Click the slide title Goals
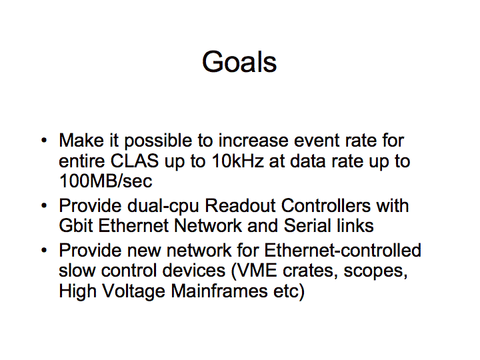pyautogui.click(x=239, y=62)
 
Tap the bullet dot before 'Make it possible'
pyautogui.click(x=45, y=141)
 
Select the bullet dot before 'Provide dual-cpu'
pyautogui.click(x=45, y=205)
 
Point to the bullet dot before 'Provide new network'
pyautogui.click(x=45, y=250)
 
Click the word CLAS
pyautogui.click(x=135, y=161)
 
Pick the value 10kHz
pyautogui.click(x=237, y=161)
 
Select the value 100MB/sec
pyautogui.click(x=105, y=181)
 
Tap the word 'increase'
pyautogui.click(x=253, y=141)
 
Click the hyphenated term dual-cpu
pyautogui.click(x=163, y=206)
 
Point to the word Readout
pyautogui.click(x=240, y=205)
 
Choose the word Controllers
pyautogui.click(x=326, y=205)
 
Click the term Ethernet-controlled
pyautogui.click(x=343, y=250)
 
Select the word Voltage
pyautogui.click(x=133, y=291)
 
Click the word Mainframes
pyautogui.click(x=219, y=291)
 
